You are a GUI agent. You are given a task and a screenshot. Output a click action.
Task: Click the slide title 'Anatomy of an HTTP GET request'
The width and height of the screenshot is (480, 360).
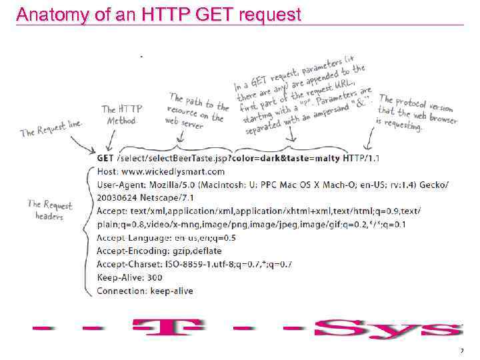(x=159, y=15)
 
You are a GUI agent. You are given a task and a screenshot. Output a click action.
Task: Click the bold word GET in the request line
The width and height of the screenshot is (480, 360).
(x=105, y=158)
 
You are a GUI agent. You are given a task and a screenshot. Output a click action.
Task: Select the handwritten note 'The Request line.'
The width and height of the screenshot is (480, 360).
(x=51, y=127)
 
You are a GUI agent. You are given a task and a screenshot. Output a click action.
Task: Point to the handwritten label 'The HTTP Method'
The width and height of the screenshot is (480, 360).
(x=121, y=115)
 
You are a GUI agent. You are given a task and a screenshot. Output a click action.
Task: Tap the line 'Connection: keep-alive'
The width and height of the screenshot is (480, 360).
(x=145, y=291)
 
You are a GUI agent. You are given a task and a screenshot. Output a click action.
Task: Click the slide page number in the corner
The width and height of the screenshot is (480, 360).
(x=461, y=351)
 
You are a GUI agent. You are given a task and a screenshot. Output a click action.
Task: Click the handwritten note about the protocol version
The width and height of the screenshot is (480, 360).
(x=417, y=112)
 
